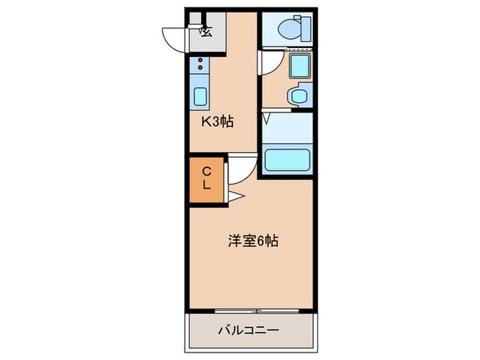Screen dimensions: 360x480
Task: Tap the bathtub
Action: point(287,159)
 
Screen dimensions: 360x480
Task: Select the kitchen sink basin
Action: point(200,96)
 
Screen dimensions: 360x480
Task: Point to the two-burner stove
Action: point(200,67)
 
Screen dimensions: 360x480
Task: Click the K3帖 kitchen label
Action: point(217,123)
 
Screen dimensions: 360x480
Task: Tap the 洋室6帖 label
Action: point(252,241)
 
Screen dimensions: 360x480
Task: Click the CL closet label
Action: point(206,178)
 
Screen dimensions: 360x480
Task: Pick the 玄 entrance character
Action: point(206,30)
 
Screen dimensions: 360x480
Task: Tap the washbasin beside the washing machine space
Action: point(298,97)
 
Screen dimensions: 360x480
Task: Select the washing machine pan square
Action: point(299,67)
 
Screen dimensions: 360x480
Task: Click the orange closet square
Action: point(206,180)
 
